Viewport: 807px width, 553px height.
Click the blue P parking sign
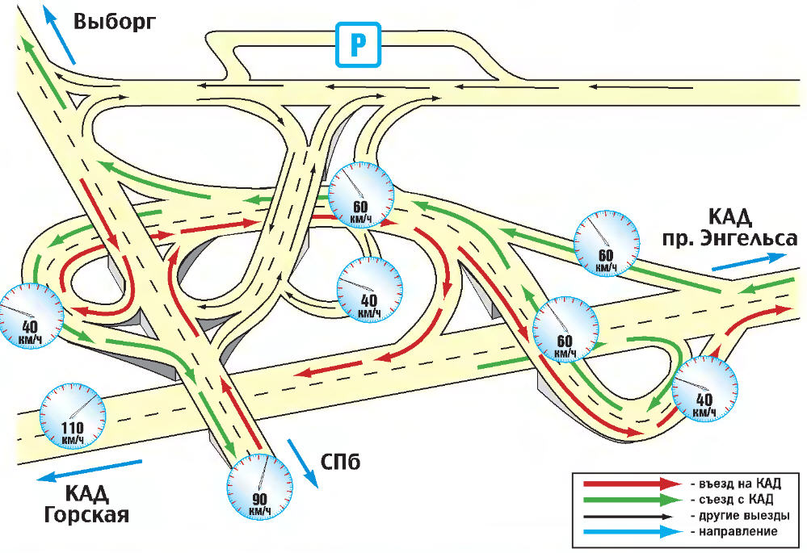click(x=357, y=45)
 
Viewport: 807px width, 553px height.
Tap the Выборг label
click(x=113, y=21)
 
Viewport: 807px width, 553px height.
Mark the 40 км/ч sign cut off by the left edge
click(x=18, y=316)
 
